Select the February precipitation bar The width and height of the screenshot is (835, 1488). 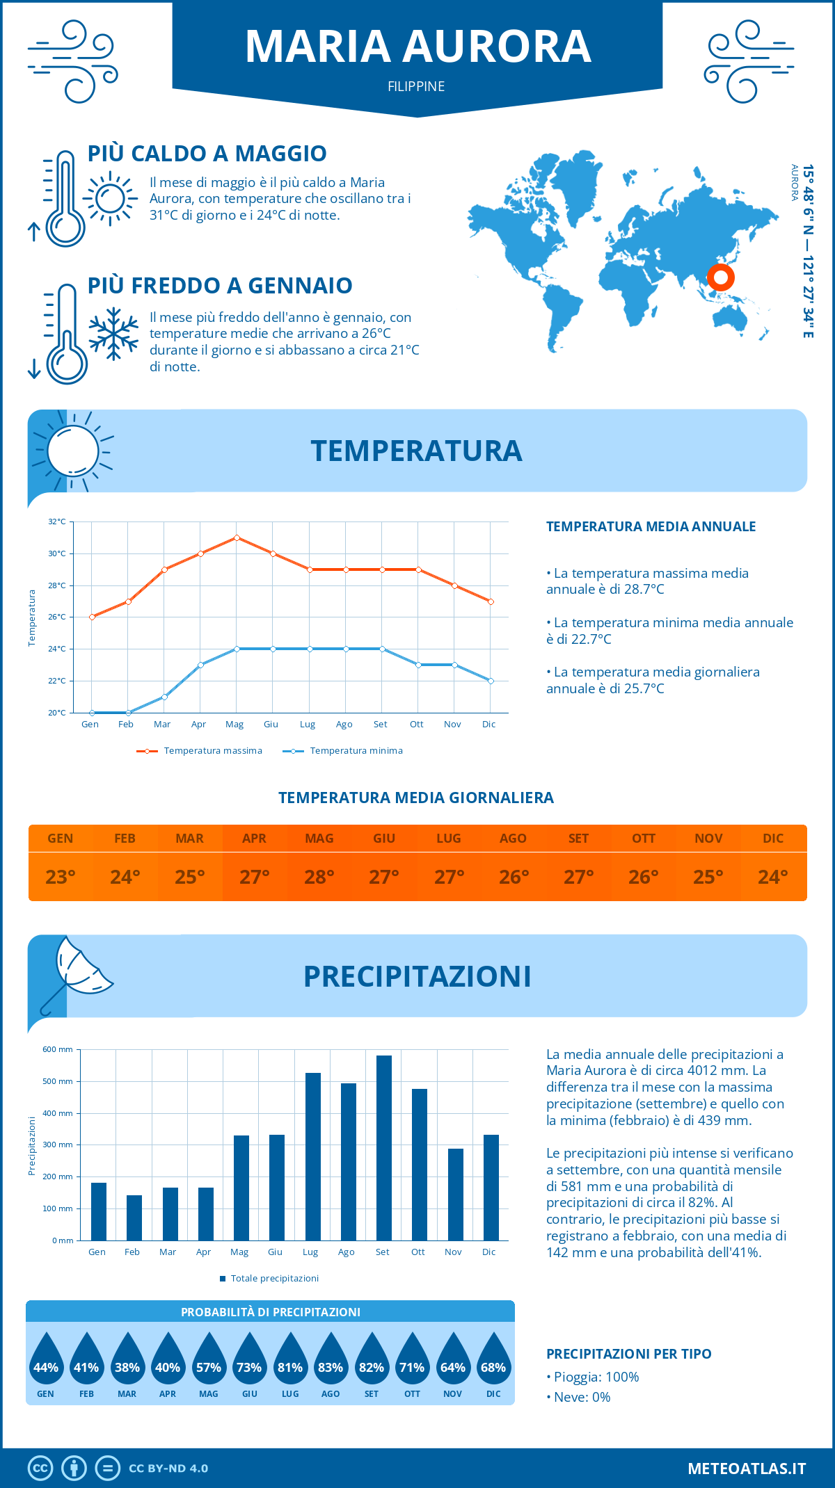(134, 1218)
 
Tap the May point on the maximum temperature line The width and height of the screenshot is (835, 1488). (237, 537)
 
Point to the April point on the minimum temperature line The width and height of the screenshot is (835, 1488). (200, 665)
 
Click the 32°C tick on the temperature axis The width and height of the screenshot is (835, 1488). (57, 521)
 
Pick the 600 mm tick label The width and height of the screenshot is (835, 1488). (58, 1049)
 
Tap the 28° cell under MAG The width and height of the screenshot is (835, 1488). (319, 877)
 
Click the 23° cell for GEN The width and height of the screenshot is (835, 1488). (61, 877)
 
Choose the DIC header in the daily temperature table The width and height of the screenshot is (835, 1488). (773, 839)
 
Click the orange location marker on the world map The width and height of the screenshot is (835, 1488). (721, 277)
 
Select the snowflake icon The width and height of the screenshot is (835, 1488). (113, 333)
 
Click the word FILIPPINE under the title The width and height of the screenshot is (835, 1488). (416, 86)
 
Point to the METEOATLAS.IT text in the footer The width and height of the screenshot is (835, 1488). (747, 1469)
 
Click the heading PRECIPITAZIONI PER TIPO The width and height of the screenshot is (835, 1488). (628, 1354)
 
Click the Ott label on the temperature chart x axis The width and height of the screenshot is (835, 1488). (416, 725)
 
